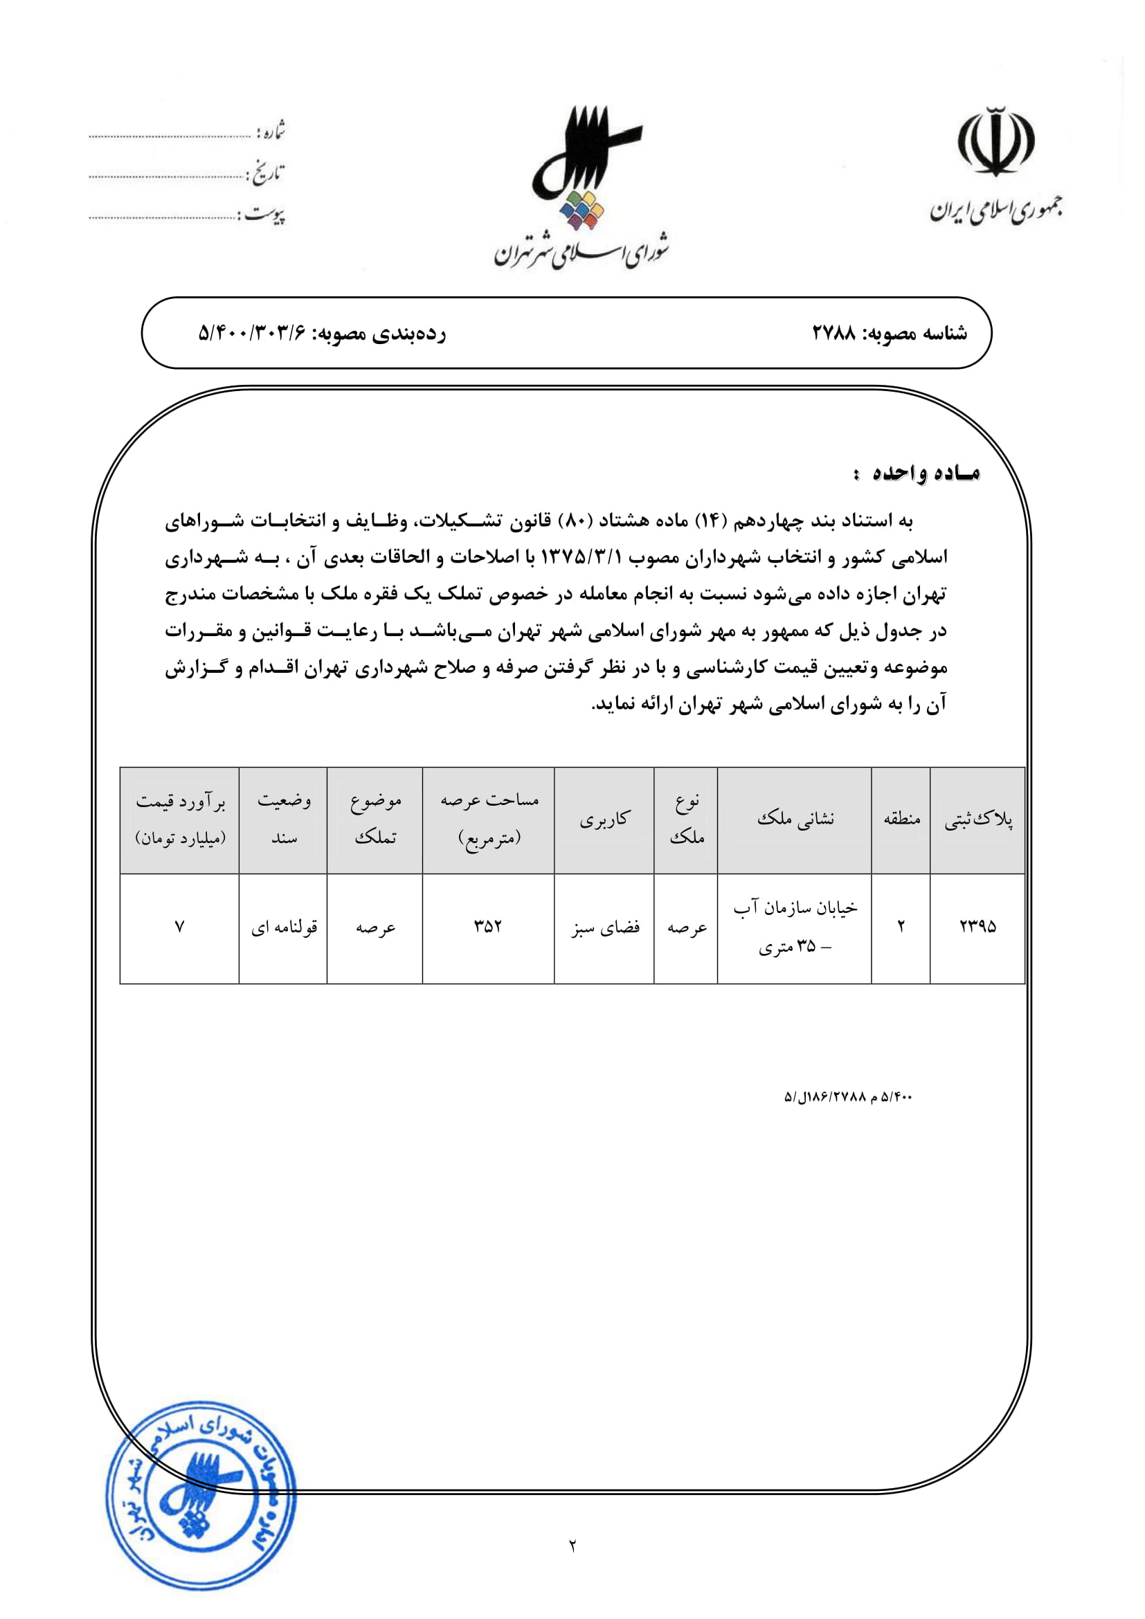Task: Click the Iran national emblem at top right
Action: pos(995,142)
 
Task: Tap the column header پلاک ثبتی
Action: pos(977,820)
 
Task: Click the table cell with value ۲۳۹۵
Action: pos(977,927)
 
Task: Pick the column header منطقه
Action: pos(901,820)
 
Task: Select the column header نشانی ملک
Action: pos(795,820)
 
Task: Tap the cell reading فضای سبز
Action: pos(605,928)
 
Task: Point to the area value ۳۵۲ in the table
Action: pos(488,927)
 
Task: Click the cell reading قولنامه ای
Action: pos(283,928)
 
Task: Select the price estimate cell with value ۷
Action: pos(180,927)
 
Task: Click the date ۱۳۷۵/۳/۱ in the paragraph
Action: pos(581,558)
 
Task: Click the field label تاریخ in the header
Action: pos(266,174)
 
